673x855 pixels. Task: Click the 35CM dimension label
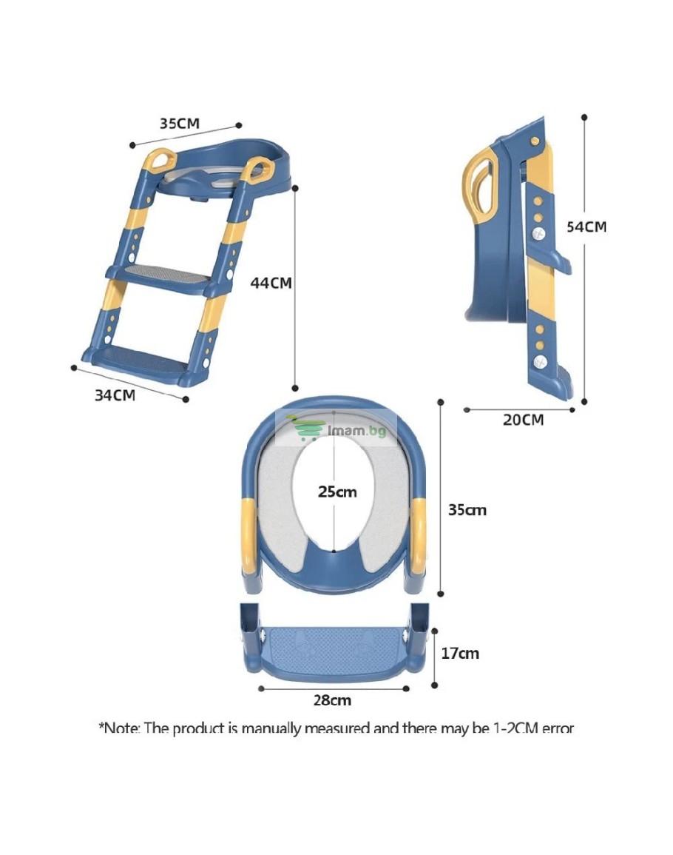(x=179, y=123)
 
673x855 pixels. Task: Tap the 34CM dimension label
(x=115, y=395)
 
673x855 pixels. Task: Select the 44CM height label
(x=271, y=283)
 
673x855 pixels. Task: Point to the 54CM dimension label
(x=586, y=227)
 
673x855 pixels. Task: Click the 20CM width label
(x=523, y=420)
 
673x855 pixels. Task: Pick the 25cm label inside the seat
(x=337, y=492)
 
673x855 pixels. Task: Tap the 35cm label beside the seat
(x=467, y=510)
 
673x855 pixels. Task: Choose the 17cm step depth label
(x=460, y=653)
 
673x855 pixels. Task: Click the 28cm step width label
(x=332, y=700)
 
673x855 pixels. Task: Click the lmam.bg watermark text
(x=357, y=430)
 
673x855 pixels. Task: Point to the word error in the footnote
(x=558, y=728)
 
